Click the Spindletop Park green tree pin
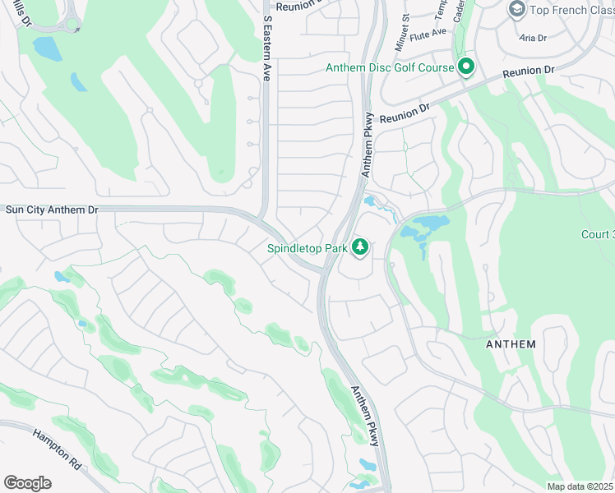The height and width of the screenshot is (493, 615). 359,246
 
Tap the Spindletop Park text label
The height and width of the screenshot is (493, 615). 307,247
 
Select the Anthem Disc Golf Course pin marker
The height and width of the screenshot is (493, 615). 466,67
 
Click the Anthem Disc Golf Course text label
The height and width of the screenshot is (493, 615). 390,67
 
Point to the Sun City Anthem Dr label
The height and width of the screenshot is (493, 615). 51,210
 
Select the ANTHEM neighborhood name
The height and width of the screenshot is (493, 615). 510,344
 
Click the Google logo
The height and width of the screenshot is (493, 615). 27,483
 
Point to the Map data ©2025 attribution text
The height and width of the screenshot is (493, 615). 580,486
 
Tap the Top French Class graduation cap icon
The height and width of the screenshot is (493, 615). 517,9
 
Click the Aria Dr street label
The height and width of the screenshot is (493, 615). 534,38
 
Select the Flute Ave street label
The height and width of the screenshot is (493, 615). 428,32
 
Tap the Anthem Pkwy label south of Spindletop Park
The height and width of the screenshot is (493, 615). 366,417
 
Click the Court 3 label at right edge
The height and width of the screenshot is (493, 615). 598,234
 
